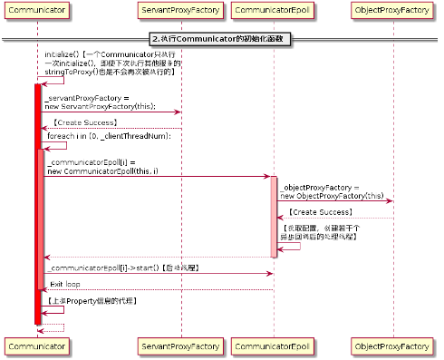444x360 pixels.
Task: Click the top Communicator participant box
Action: point(36,11)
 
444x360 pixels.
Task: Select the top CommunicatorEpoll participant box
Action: point(273,11)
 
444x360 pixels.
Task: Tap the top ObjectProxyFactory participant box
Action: point(392,11)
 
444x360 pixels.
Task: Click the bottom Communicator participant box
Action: point(36,347)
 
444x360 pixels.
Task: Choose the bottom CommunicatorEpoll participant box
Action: point(273,347)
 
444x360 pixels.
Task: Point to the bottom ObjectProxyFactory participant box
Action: point(392,347)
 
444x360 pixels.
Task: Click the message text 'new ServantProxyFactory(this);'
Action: point(101,106)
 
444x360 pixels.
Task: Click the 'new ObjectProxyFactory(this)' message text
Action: point(332,195)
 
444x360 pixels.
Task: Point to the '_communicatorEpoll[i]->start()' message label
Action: point(122,268)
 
